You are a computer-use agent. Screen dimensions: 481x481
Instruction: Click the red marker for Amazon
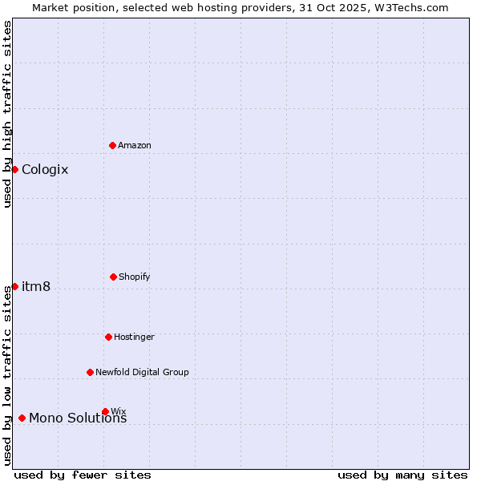point(112,145)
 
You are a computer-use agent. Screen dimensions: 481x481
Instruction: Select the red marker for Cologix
point(14,169)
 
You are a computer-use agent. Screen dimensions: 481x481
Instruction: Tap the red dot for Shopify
point(113,277)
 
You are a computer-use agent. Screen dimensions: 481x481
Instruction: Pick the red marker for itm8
point(14,286)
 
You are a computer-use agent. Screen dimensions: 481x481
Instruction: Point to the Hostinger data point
point(108,337)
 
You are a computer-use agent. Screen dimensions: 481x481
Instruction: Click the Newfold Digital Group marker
point(90,372)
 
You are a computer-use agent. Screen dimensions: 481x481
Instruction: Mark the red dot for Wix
point(105,411)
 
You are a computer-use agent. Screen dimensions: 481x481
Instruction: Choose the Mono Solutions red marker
point(22,418)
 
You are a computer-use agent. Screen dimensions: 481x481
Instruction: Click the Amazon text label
point(135,145)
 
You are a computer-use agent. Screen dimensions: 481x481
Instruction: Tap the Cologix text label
point(45,169)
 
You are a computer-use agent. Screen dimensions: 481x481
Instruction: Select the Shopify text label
point(135,277)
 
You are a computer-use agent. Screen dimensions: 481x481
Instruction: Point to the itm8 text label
point(36,286)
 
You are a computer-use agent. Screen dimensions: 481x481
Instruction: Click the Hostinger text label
point(134,337)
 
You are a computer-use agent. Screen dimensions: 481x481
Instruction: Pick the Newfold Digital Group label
point(142,372)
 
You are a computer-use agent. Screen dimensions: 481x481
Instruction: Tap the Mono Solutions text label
point(78,418)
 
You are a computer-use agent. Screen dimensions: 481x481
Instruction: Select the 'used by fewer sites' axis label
point(83,475)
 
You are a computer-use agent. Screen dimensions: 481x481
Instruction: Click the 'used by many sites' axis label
point(402,475)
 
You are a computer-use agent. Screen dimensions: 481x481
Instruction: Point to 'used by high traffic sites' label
point(7,114)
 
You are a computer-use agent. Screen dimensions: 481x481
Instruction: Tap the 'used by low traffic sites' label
point(7,375)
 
